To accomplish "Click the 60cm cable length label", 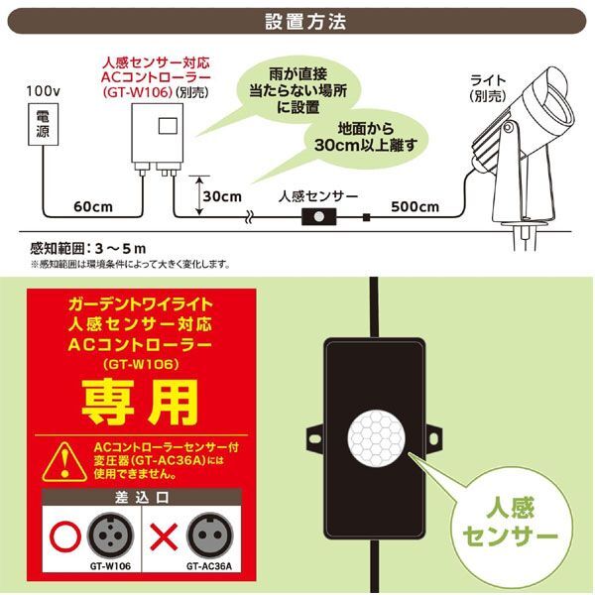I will point(90,206).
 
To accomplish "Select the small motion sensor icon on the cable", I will point(319,216).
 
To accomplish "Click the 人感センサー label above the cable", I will point(319,196).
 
